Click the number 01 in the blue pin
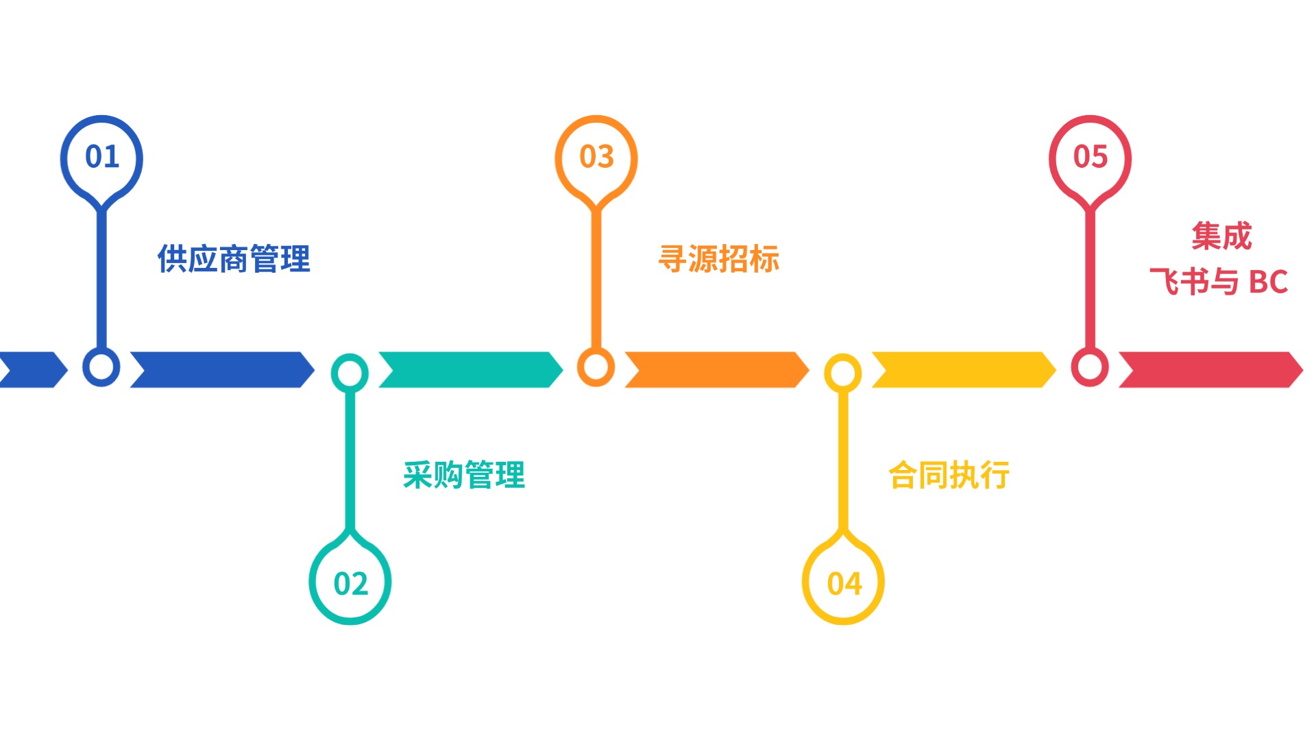102,157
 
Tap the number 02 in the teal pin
350,584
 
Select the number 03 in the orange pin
596,157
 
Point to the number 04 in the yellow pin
844,584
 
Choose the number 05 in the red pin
1090,157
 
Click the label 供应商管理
234,259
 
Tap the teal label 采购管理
464,475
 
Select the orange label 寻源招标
719,259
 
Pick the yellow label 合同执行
949,475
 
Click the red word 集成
1221,236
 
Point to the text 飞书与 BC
1219,282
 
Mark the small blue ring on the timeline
101,367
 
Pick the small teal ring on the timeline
350,373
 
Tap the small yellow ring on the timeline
843,373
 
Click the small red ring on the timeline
1090,367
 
